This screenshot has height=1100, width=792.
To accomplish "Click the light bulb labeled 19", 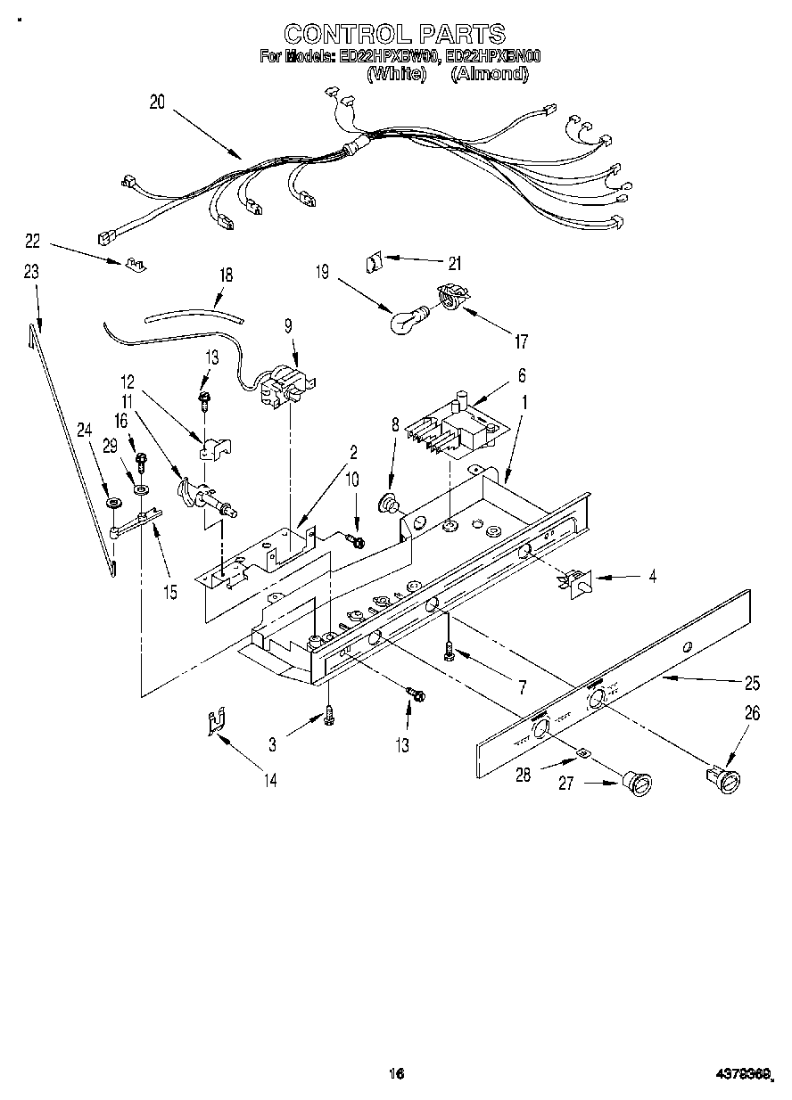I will pyautogui.click(x=407, y=319).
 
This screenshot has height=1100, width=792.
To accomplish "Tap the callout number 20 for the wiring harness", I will pyautogui.click(x=157, y=102).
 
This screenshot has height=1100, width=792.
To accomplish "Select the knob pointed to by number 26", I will pyautogui.click(x=727, y=781).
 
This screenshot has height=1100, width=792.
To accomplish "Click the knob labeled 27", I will pyautogui.click(x=639, y=784).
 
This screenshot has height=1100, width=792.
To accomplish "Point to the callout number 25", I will pyautogui.click(x=752, y=684).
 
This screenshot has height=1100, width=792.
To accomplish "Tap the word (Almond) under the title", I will pyautogui.click(x=489, y=75).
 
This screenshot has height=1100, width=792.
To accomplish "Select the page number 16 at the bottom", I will pyautogui.click(x=397, y=1073).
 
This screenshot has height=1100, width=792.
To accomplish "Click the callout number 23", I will pyautogui.click(x=31, y=273).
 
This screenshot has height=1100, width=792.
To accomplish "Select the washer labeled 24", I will pyautogui.click(x=113, y=505).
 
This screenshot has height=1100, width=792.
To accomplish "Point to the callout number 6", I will pyautogui.click(x=522, y=374).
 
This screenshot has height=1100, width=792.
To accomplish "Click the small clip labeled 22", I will pyautogui.click(x=136, y=264).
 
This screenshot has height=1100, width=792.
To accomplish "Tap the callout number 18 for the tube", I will pyautogui.click(x=226, y=275).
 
